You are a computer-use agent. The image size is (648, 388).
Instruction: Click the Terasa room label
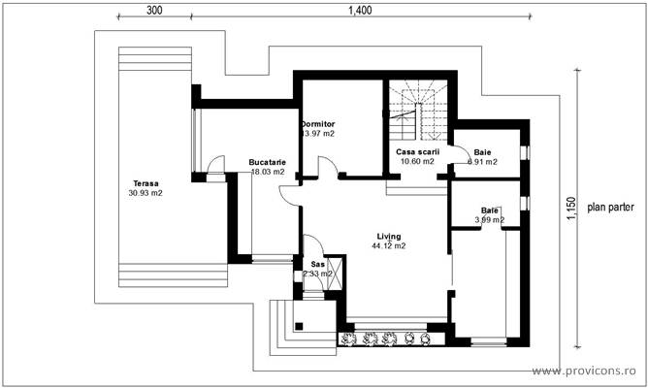147,183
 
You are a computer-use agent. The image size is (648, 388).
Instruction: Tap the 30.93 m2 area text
146,194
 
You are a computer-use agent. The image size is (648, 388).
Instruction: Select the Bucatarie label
266,161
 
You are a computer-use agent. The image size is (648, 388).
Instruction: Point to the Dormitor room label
317,124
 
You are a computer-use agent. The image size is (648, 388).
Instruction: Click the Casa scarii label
418,152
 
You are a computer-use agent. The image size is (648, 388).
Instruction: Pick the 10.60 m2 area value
417,162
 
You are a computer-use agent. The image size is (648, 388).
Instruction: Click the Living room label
389,236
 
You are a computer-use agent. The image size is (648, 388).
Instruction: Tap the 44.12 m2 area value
389,246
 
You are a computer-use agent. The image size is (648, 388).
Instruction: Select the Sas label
317,264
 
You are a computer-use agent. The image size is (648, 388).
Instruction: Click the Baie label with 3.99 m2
490,210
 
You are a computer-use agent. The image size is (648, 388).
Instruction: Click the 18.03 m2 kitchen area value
268,172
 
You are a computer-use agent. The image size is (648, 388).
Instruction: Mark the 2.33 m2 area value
317,274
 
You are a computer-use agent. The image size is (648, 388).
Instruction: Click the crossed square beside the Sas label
338,269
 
